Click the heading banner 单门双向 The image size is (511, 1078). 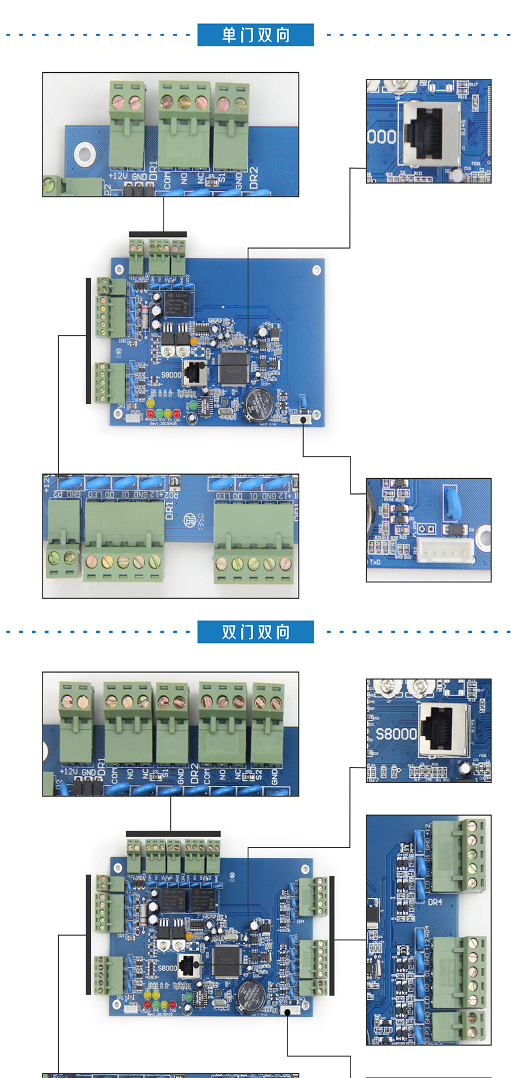255,35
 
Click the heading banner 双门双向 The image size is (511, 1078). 255,632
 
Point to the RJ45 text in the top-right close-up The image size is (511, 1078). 464,129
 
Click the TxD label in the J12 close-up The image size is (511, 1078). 375,562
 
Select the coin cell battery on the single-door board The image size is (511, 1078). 259,403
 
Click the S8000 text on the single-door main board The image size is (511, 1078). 171,375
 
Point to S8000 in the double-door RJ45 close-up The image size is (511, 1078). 396,734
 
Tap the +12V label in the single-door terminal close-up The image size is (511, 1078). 118,176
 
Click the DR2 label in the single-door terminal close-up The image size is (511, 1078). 254,178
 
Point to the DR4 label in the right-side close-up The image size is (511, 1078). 435,902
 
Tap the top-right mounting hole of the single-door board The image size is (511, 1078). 316,270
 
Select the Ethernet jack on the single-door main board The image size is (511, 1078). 195,372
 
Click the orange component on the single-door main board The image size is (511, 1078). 194,341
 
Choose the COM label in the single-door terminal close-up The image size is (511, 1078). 167,180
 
